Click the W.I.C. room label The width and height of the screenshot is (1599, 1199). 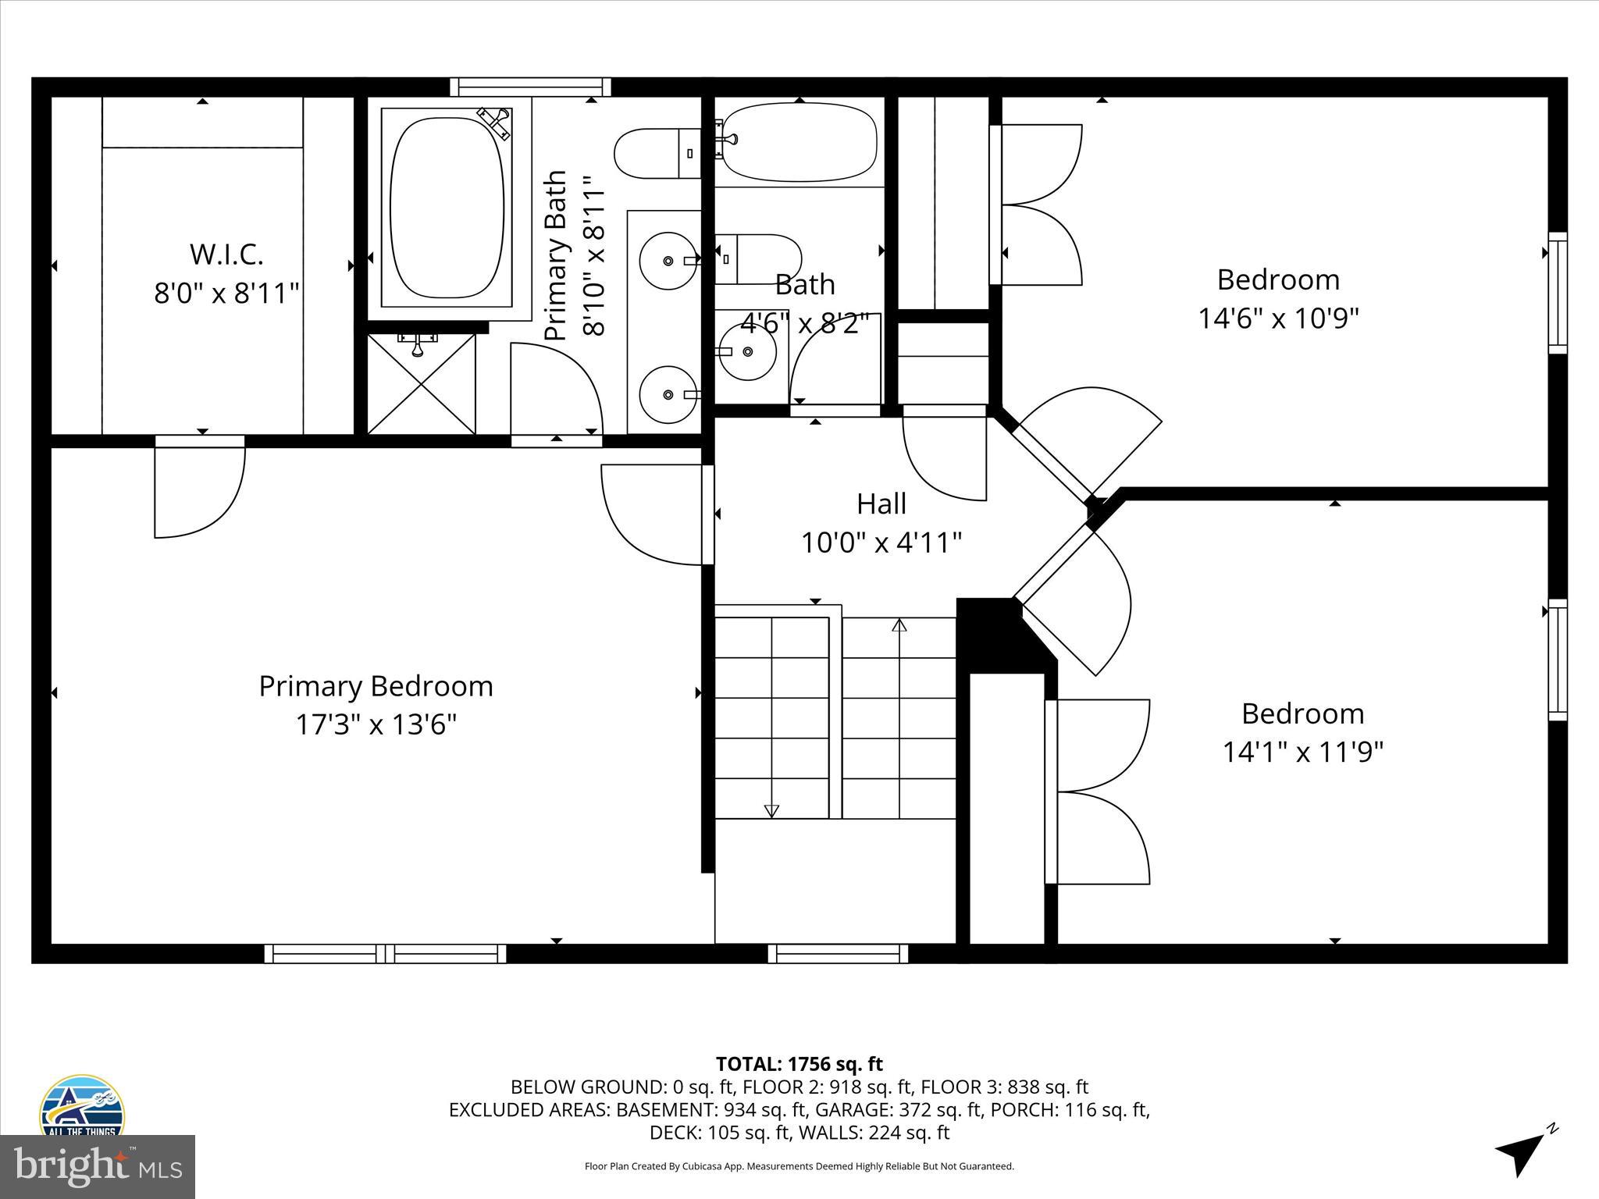click(226, 254)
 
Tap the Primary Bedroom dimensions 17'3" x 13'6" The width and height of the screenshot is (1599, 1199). click(376, 725)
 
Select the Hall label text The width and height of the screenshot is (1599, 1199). click(881, 504)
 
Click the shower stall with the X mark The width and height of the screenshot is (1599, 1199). click(421, 384)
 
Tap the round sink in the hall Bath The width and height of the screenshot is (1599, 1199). click(747, 352)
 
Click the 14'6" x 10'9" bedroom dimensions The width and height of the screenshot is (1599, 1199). click(1278, 318)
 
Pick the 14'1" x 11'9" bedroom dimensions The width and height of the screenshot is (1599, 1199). click(1302, 752)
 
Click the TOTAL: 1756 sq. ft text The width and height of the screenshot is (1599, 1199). click(799, 1064)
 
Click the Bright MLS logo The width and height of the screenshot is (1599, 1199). click(97, 1168)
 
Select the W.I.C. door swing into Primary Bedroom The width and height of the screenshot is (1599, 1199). click(199, 488)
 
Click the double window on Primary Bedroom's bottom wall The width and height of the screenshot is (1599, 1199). click(385, 953)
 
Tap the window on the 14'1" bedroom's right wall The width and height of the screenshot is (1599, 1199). click(1557, 660)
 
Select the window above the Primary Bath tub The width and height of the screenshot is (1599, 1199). click(530, 86)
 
